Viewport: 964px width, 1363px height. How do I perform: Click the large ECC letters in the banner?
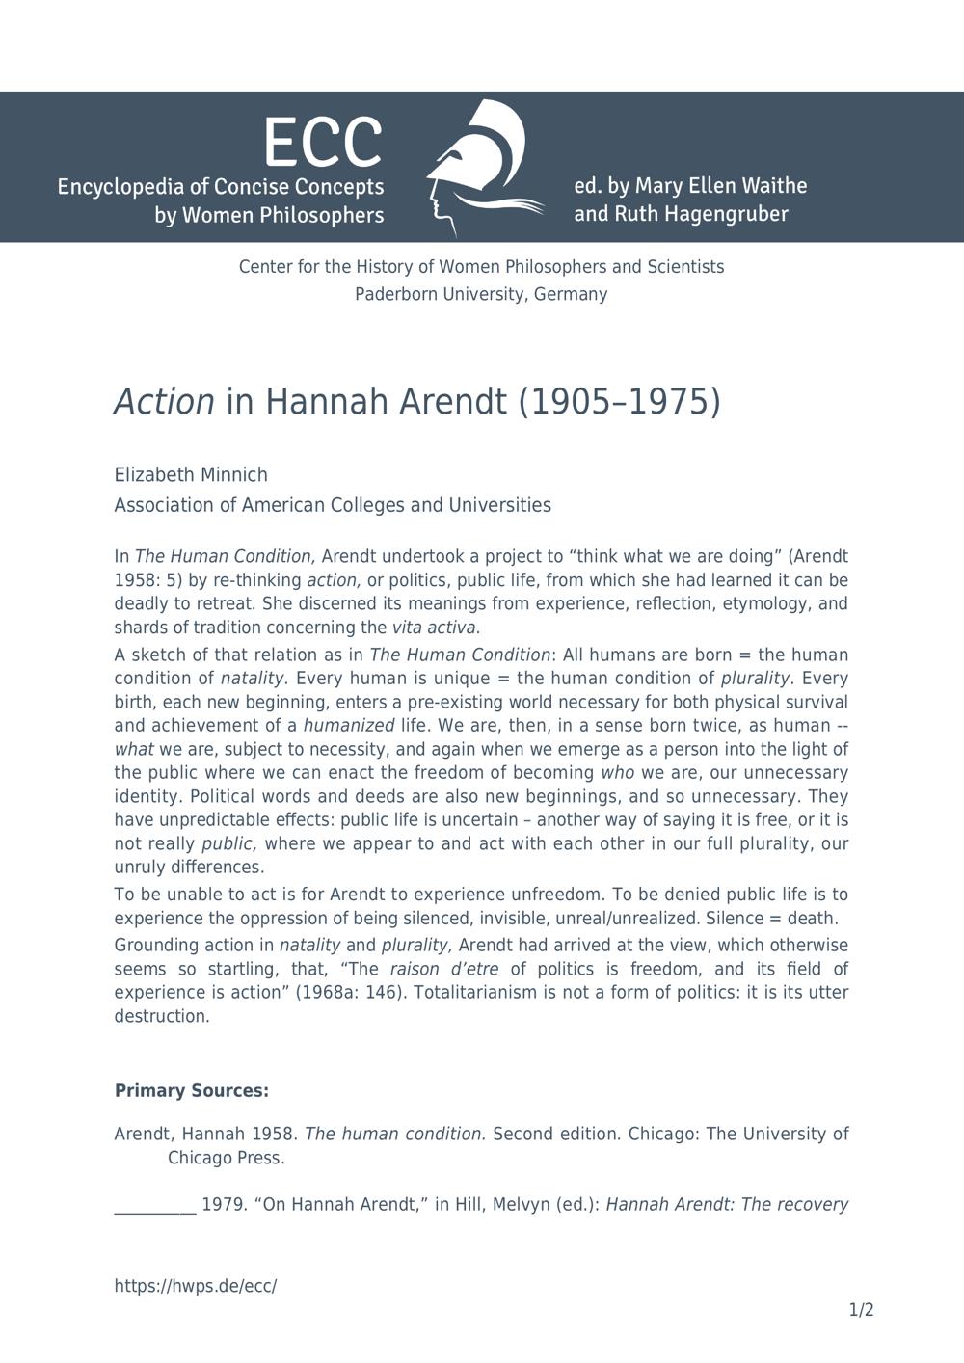[323, 143]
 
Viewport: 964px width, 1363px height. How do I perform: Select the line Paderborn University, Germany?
[481, 294]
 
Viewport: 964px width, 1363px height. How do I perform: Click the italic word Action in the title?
[164, 401]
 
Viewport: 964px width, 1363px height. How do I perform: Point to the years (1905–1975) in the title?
[619, 401]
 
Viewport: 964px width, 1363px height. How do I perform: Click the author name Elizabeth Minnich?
[191, 474]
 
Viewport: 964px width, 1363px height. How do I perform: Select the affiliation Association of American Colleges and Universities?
[333, 505]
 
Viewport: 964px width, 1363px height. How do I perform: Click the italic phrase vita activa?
[434, 628]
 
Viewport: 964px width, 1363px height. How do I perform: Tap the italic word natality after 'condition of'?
[254, 678]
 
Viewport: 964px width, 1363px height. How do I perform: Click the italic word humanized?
[349, 725]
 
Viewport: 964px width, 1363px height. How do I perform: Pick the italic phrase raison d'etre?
[444, 969]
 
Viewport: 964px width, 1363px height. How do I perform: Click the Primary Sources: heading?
[192, 1090]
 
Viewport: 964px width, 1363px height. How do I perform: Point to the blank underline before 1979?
[155, 1205]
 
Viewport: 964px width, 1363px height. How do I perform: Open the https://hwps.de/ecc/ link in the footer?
[196, 1286]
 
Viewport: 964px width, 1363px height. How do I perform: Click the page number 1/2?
[861, 1310]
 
